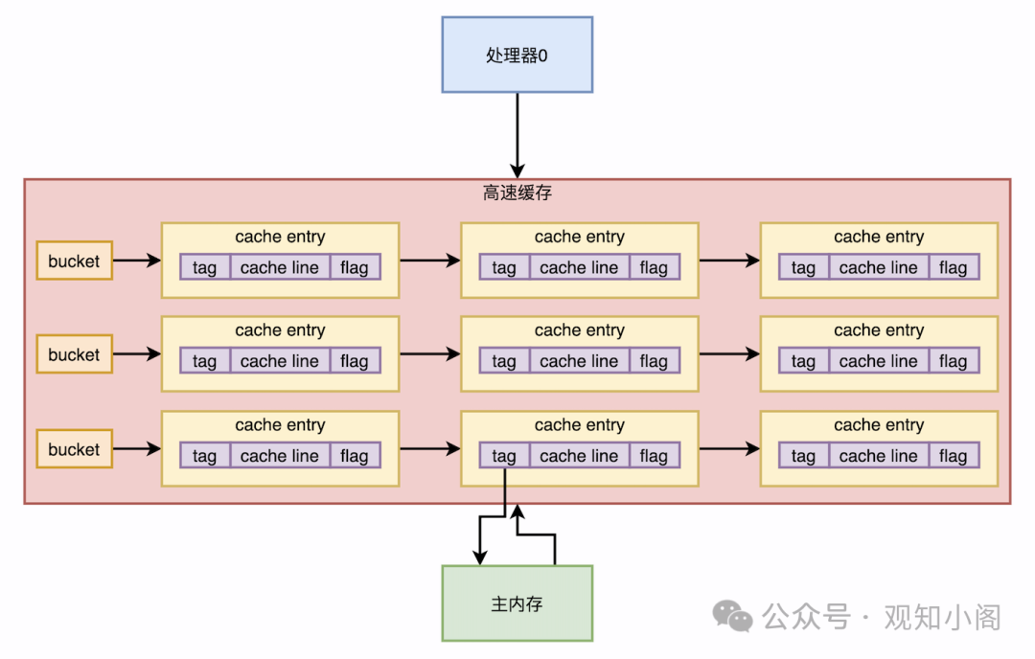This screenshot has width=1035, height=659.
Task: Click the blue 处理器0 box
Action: tap(517, 55)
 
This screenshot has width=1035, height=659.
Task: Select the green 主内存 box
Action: tap(517, 603)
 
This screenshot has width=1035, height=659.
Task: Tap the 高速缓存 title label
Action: tap(517, 193)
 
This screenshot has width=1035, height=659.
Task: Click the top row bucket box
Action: tap(74, 261)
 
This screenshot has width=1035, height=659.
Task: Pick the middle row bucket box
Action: tap(74, 354)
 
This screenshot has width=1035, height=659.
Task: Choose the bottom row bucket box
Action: tap(74, 449)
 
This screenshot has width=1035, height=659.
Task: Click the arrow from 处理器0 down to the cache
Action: tap(517, 134)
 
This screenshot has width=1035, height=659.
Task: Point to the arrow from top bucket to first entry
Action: tap(136, 261)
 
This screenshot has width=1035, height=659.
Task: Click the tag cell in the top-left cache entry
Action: tap(204, 267)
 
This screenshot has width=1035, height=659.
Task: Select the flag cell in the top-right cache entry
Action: tap(953, 267)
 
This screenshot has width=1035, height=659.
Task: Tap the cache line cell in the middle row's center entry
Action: tap(579, 361)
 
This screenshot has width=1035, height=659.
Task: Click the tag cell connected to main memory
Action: tap(504, 456)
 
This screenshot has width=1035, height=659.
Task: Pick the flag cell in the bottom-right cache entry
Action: tap(953, 456)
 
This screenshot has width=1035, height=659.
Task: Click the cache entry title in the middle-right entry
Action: tap(879, 330)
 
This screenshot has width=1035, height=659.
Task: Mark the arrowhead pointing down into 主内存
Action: tap(480, 557)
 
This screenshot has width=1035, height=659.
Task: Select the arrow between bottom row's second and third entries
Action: tap(728, 448)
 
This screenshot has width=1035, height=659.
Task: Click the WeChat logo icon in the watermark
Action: tap(735, 617)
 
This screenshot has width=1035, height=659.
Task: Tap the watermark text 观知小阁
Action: tap(941, 617)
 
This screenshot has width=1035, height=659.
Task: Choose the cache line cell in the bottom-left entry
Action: tap(279, 456)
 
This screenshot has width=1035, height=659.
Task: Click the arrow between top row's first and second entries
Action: tap(429, 260)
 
